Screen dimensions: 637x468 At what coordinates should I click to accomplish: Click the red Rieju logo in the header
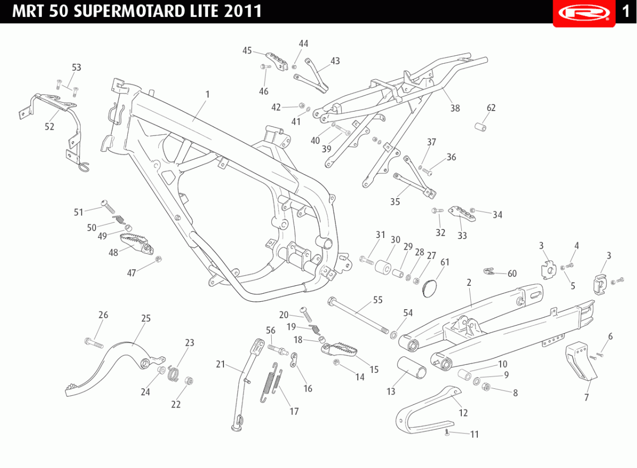(584, 13)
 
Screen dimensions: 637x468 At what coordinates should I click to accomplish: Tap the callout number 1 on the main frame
(208, 94)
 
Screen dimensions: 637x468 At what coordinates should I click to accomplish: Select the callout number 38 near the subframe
(455, 108)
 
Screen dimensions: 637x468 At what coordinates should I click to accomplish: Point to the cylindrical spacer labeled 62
(480, 127)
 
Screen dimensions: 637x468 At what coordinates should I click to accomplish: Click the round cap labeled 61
(429, 288)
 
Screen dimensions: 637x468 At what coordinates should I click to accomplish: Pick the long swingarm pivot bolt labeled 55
(358, 315)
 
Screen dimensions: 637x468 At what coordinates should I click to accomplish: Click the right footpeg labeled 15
(340, 350)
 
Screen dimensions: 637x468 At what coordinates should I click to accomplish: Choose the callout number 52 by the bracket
(49, 126)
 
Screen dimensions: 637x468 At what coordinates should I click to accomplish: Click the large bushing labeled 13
(412, 368)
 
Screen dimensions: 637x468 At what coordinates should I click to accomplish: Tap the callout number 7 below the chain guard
(587, 397)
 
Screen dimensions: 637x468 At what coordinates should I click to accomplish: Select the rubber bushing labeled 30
(383, 267)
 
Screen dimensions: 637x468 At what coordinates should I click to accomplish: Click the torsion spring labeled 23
(173, 373)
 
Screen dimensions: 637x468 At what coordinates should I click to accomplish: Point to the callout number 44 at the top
(304, 44)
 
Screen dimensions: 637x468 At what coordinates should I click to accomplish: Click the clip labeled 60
(489, 271)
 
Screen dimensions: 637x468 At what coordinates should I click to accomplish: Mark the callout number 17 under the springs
(294, 411)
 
